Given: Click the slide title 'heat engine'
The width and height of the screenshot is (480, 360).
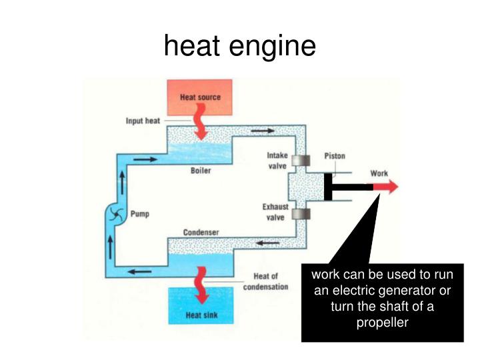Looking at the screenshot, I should pos(239,46).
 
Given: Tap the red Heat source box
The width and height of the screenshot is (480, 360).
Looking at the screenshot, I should pos(200,97).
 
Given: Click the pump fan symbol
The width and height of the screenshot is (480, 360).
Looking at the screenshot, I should pos(115,215).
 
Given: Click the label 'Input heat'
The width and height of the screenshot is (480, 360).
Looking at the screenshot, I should pos(143,121).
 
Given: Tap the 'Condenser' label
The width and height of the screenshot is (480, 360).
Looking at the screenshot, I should pos(201,232).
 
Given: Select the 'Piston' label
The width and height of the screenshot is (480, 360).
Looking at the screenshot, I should pos(335,157).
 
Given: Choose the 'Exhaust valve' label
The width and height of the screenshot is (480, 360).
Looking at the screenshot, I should pos(275,212).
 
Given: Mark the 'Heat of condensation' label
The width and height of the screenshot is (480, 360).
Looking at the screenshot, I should pos(271,281).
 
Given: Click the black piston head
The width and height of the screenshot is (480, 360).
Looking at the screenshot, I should pos(328,187).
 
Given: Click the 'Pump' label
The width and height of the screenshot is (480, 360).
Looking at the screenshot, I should pos(140,215).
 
